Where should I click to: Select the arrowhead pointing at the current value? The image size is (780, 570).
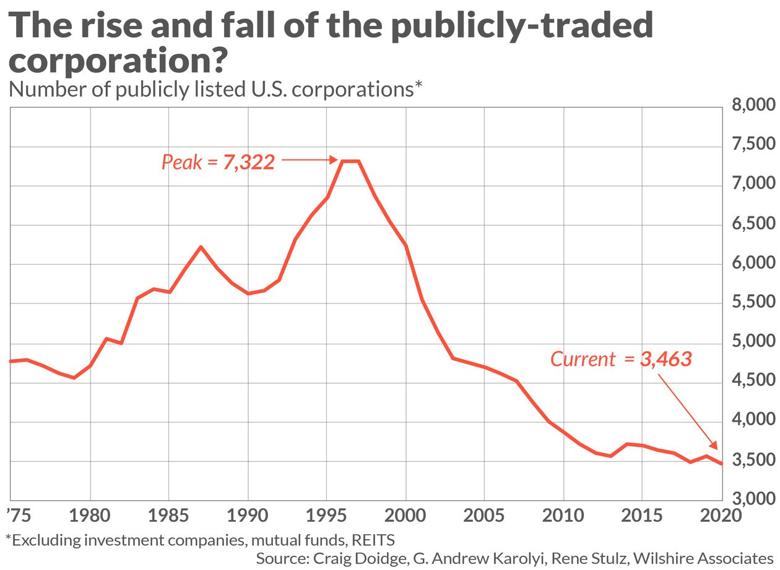coord(714,445)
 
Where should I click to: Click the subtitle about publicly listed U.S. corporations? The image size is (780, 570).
coord(215,90)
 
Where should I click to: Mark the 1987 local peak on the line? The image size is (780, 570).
coord(201,247)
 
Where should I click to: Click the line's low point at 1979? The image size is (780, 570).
coord(74,378)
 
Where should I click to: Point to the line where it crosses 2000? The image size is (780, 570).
coord(406,245)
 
